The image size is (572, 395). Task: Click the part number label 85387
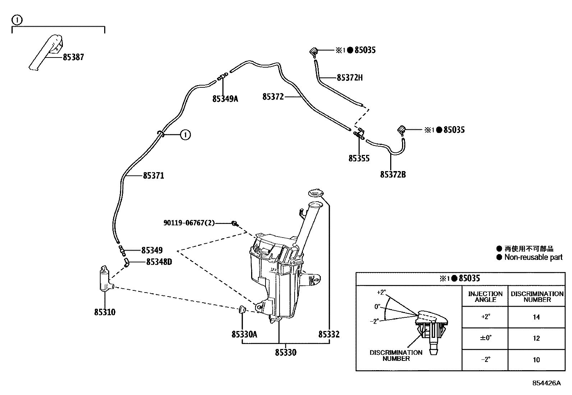(73, 57)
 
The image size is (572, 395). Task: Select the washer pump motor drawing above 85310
(105, 280)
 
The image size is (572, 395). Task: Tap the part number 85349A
(225, 98)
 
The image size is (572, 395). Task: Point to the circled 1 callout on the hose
(185, 135)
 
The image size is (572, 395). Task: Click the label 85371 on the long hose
(153, 176)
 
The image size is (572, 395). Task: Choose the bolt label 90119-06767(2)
(189, 223)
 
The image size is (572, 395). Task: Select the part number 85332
(328, 335)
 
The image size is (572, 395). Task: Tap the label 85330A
(244, 335)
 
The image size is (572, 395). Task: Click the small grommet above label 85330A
(242, 309)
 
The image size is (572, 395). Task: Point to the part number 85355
(359, 159)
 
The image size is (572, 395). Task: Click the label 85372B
(393, 175)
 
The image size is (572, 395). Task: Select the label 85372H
(350, 78)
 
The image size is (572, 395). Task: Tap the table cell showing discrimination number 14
(536, 317)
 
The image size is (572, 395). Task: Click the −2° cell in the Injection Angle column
(485, 359)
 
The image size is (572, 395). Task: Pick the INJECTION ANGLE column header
(485, 297)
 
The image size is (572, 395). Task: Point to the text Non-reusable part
(533, 257)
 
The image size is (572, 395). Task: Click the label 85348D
(159, 262)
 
